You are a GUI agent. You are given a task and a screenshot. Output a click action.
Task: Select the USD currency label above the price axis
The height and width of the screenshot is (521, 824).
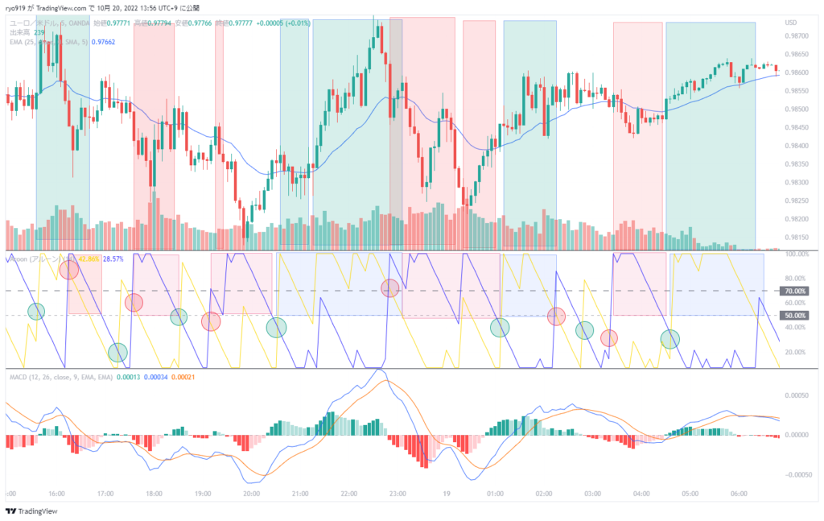(x=792, y=22)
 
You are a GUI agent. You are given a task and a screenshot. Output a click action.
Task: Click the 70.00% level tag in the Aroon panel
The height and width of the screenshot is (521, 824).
(x=795, y=291)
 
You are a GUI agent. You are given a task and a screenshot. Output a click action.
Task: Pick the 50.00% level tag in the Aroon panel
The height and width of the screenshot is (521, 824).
(x=795, y=315)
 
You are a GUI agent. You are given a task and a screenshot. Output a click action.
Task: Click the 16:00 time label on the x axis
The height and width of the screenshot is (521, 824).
(x=56, y=494)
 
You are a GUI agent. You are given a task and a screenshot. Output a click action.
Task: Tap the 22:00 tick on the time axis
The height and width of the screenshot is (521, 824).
(x=349, y=494)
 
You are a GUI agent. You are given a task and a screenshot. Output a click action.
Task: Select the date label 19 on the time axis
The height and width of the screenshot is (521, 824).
(x=447, y=494)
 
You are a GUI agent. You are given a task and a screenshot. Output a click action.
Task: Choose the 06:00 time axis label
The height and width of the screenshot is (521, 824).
(x=739, y=494)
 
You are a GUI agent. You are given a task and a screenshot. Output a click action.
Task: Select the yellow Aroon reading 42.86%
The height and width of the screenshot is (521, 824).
(x=89, y=258)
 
